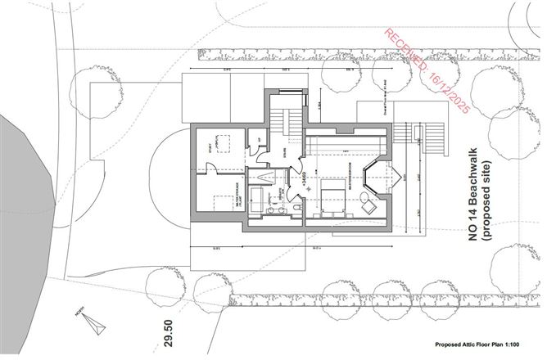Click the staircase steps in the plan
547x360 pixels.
coord(289,123)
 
